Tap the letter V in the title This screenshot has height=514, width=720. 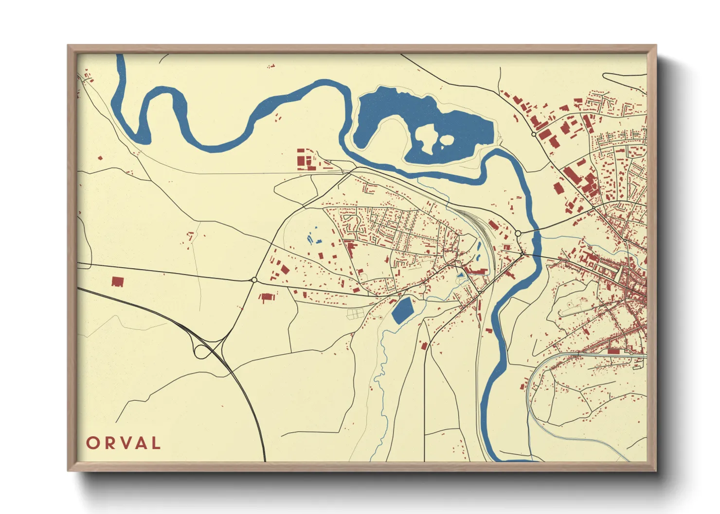coord(124,443)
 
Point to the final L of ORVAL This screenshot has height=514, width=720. coord(155,443)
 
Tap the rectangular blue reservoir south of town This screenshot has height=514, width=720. coord(402,310)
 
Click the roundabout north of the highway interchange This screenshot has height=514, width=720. coord(254,280)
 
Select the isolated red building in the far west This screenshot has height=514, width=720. coord(117,282)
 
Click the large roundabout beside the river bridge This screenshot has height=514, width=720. coord(518,234)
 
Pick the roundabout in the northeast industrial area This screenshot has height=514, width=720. coord(534,134)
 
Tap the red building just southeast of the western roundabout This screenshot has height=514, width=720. coord(267,297)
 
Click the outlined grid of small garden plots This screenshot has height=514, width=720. coord(355,314)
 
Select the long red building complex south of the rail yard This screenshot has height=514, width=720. coord(477,271)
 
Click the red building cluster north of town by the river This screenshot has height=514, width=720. coord(306,160)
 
